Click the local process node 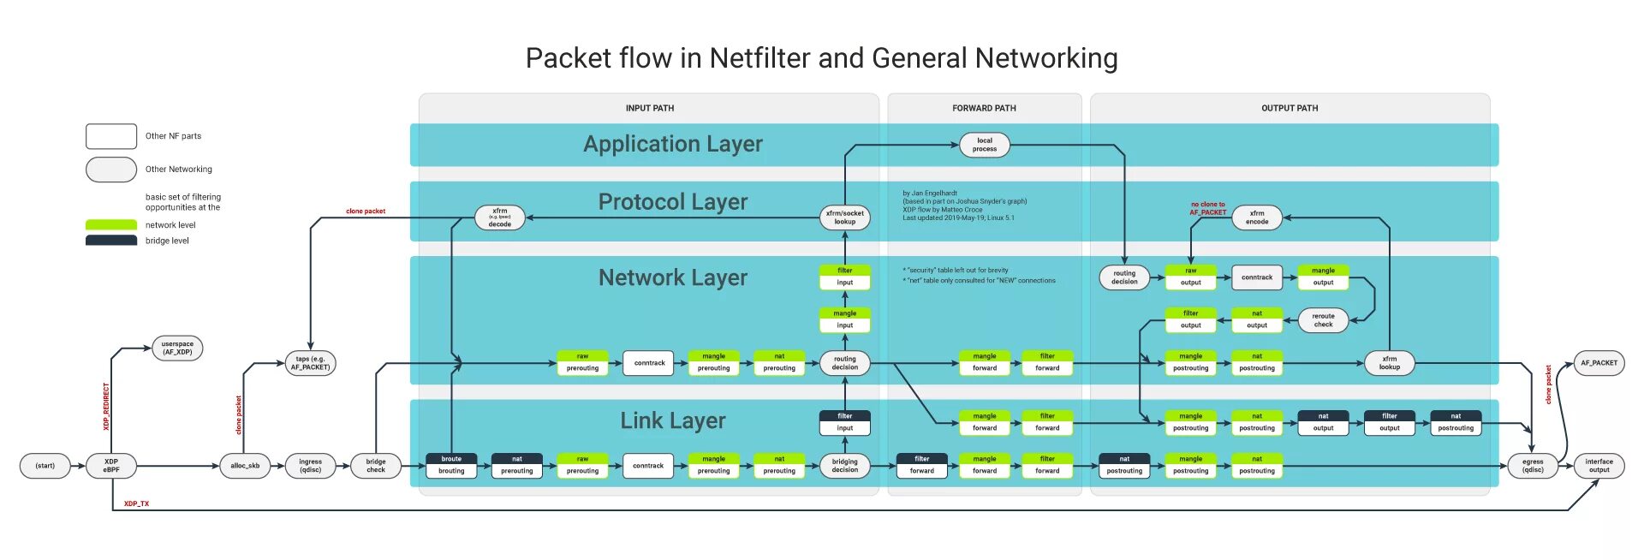pos(985,145)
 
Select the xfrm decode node pos(500,217)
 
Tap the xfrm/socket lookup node pos(845,217)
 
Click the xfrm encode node pos(1257,217)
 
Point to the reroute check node pos(1323,320)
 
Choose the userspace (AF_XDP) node pos(177,348)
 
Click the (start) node pos(45,466)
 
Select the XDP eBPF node pos(111,466)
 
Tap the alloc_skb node pos(245,466)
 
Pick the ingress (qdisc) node pos(310,466)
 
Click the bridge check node pos(376,466)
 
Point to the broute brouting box pos(451,465)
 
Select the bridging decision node pos(845,466)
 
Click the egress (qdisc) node pos(1533,466)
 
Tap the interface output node pos(1599,466)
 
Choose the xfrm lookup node pos(1389,363)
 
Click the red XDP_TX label pos(136,503)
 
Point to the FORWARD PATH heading pos(984,108)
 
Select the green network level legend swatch pos(111,224)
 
